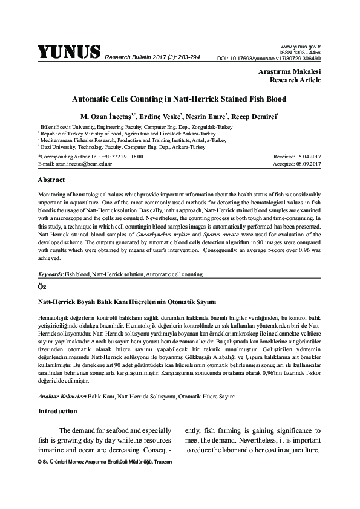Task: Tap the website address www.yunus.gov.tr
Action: pyautogui.click(x=300, y=45)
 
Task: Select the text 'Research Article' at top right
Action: pyautogui.click(x=295, y=80)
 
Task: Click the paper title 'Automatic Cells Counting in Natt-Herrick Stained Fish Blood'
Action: pyautogui.click(x=179, y=98)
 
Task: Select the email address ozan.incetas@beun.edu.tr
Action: pyautogui.click(x=74, y=164)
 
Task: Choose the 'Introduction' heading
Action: pyautogui.click(x=57, y=412)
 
